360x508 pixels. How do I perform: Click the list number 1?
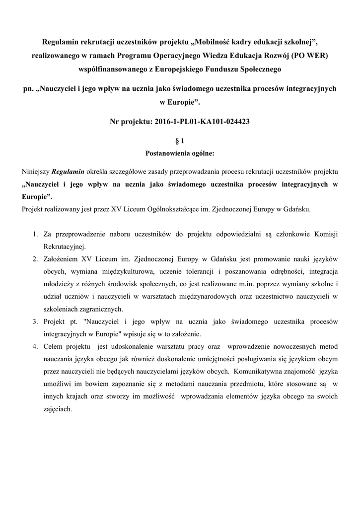[x=35, y=233]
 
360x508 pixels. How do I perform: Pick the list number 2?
[x=35, y=258]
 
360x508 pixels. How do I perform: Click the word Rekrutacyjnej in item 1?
[x=65, y=246]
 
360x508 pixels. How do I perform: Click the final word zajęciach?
[x=58, y=409]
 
